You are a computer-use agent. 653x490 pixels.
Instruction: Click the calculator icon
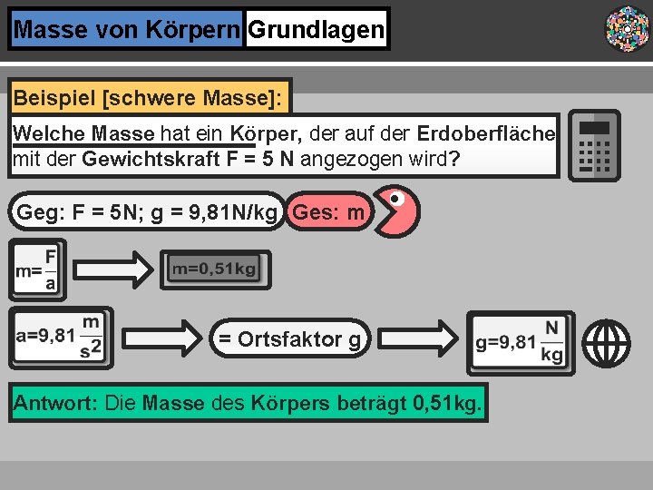coord(594,145)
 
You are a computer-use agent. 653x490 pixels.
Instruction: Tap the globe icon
coord(607,344)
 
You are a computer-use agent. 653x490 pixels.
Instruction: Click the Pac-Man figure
coord(397,211)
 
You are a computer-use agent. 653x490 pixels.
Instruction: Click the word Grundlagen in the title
coord(316,30)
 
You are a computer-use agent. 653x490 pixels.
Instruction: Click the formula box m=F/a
coord(37,269)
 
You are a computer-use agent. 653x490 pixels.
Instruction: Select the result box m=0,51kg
coord(215,269)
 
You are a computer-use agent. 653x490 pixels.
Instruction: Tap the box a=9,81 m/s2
coord(61,338)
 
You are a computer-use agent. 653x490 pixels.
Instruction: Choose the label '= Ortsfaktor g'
coord(290,339)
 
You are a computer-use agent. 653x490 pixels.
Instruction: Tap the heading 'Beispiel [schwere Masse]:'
coord(149,95)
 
